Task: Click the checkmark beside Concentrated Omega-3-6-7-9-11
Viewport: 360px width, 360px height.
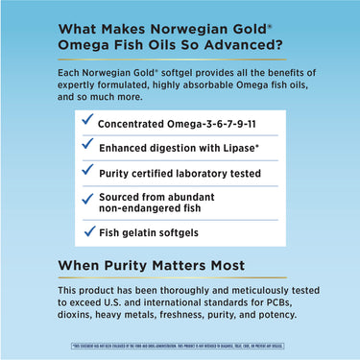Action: (x=88, y=120)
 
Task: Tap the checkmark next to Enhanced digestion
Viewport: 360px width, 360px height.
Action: (x=88, y=146)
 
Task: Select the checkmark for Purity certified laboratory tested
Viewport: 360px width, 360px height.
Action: (x=88, y=172)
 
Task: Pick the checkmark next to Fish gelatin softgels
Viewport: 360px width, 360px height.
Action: (x=88, y=230)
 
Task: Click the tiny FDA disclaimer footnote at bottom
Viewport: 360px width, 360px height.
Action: (x=180, y=344)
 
